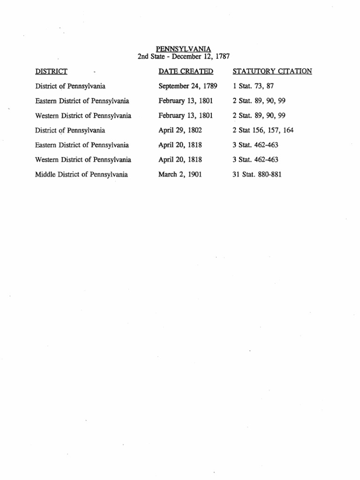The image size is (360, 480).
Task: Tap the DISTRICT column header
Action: [51, 71]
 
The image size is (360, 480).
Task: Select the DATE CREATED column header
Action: [186, 71]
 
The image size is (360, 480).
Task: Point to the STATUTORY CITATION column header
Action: [272, 71]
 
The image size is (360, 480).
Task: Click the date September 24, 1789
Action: [188, 86]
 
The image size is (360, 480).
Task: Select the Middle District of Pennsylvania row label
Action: [82, 175]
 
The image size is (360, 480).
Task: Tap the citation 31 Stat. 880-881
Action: [257, 175]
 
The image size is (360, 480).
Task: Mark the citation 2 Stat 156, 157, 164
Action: [263, 130]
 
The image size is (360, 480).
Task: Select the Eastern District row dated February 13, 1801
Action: [82, 101]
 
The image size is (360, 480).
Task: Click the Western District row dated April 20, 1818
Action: [83, 160]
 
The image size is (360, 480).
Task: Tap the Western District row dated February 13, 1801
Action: [83, 116]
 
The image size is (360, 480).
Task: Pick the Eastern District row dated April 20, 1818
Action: [82, 145]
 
